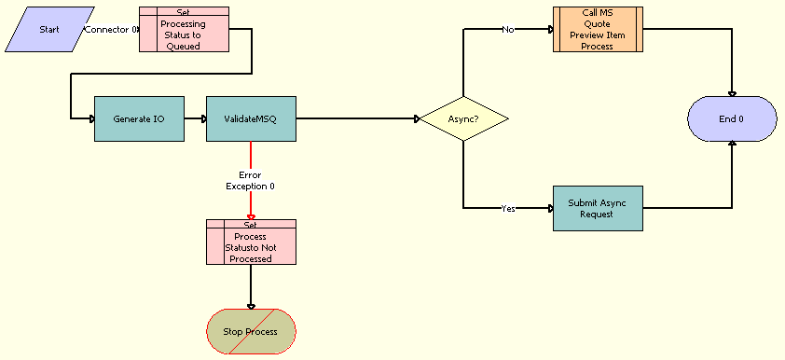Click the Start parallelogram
click(48, 29)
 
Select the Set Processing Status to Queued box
click(184, 30)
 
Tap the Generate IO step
click(139, 119)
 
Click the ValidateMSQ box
click(251, 119)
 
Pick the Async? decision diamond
click(463, 119)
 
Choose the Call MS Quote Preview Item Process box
click(598, 30)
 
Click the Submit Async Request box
click(598, 208)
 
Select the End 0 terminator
click(732, 119)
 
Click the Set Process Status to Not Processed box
click(251, 242)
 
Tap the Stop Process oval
click(251, 331)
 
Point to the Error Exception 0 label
click(250, 180)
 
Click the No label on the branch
click(508, 30)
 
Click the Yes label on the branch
click(508, 209)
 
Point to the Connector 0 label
click(111, 30)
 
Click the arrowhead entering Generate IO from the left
click(91, 119)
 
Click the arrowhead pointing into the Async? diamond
click(417, 119)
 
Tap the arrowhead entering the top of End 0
click(732, 93)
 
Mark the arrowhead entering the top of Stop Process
click(251, 306)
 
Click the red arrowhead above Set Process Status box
click(251, 216)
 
